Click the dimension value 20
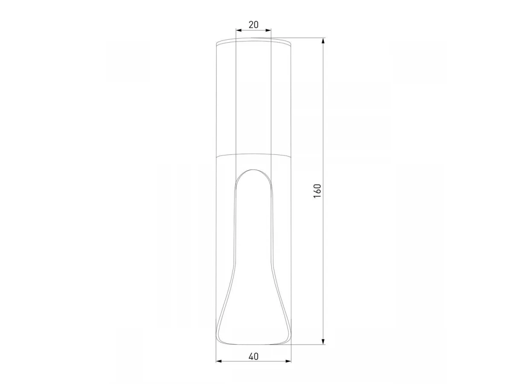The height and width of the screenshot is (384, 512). (x=253, y=24)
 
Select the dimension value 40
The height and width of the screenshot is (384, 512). (x=253, y=357)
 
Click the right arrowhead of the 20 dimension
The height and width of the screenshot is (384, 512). (x=269, y=30)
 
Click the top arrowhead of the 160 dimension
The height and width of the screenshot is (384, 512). (x=323, y=41)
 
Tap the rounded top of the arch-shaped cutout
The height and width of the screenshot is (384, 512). (x=253, y=170)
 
